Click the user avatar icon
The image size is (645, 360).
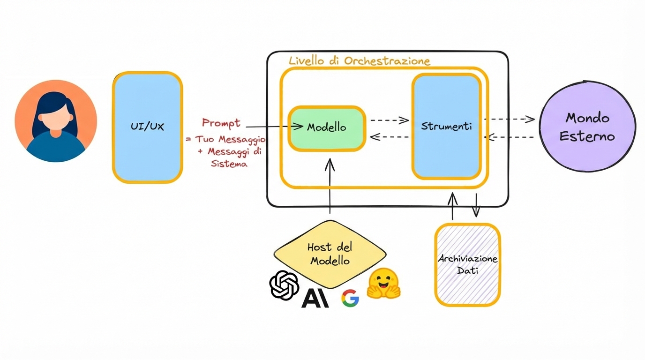coord(56,121)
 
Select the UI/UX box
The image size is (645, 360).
coord(147,127)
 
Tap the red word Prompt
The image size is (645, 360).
coord(221,123)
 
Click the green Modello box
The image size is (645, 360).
coord(327,128)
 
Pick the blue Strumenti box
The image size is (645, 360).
coord(446,127)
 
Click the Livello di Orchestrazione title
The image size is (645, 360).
coord(359,61)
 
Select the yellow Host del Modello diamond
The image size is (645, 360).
coord(330,254)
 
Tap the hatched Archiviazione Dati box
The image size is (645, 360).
coord(467,265)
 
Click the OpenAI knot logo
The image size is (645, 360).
coord(284,285)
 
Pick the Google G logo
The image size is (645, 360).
coord(350,298)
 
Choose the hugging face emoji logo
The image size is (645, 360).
coord(383,284)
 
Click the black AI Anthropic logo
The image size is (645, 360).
coord(315,298)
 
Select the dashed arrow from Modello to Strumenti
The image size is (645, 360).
coord(389,120)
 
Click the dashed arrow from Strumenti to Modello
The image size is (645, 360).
coord(389,137)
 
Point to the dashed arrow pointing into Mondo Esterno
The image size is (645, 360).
coord(510,119)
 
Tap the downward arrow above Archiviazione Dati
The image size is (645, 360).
coord(476,205)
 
